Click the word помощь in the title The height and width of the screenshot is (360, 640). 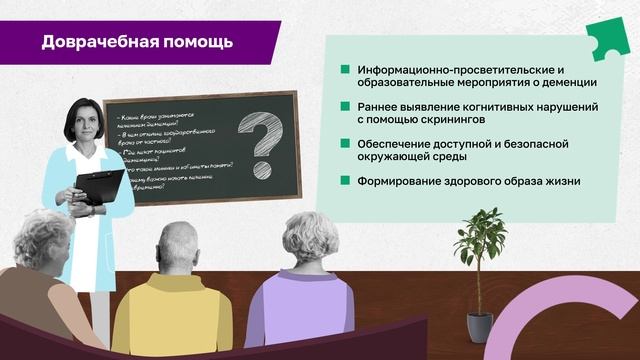pyautogui.click(x=198, y=42)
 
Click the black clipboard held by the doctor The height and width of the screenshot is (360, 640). pyautogui.click(x=100, y=186)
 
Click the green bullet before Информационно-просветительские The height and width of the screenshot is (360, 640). pyautogui.click(x=345, y=70)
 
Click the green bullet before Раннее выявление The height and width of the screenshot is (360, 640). pyautogui.click(x=345, y=106)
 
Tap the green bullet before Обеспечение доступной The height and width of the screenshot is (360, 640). pyautogui.click(x=345, y=143)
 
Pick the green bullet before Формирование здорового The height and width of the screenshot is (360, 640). pyautogui.click(x=345, y=180)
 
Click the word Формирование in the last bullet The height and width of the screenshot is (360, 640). pyautogui.click(x=402, y=180)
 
